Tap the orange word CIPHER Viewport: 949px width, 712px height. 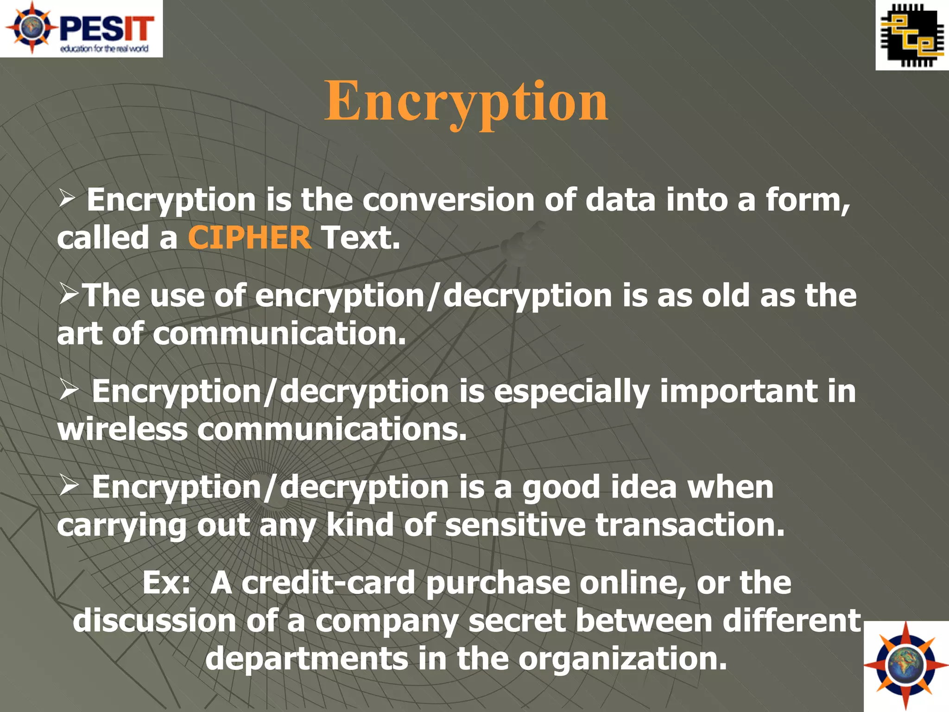point(249,238)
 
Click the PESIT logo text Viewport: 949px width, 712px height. point(107,29)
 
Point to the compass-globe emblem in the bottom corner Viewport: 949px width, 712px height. point(905,666)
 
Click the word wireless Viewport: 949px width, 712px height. point(122,430)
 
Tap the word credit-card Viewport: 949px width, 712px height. point(329,583)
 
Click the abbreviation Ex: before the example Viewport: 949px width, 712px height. point(166,583)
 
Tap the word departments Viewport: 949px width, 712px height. point(306,659)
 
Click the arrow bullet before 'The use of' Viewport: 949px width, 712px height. point(69,295)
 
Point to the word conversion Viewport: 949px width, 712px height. point(448,200)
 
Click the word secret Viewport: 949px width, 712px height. point(517,621)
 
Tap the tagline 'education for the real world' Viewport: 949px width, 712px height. point(104,49)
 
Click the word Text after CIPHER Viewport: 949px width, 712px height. point(360,238)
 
